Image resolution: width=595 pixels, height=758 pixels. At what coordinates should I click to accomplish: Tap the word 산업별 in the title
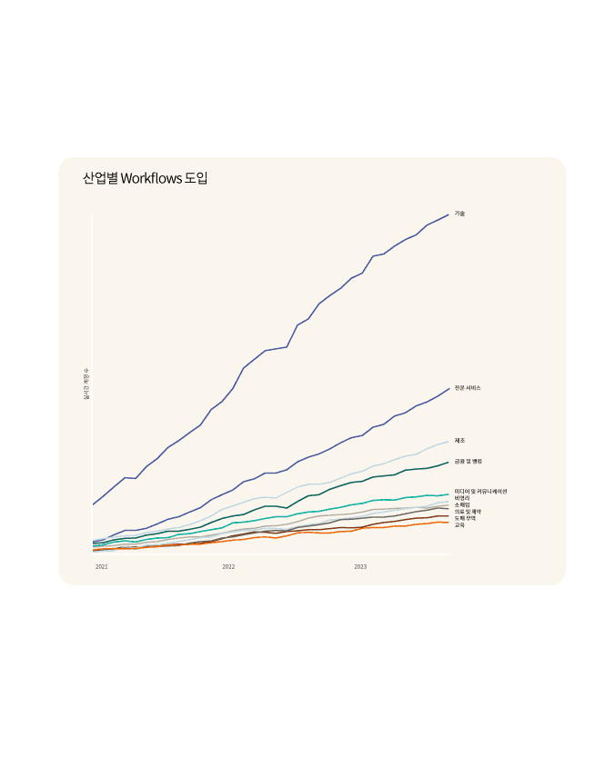coord(100,178)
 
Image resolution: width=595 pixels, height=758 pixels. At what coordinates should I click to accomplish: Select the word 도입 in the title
coord(197,178)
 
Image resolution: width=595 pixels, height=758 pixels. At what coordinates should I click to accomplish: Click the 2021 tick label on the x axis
coord(102,566)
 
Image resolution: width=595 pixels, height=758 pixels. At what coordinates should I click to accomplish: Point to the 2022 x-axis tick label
coord(228,566)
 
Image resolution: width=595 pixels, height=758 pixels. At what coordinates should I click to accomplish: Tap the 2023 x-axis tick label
coord(360,566)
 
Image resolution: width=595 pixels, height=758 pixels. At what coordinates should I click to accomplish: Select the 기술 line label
coord(459,214)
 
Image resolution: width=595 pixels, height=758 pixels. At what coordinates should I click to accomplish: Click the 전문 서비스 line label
coord(468,388)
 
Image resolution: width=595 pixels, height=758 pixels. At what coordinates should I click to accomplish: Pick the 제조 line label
coord(459,441)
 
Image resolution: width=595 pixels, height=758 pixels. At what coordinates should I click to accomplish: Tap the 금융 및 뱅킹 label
coord(469,462)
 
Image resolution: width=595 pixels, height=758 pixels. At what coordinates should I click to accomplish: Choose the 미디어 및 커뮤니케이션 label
coord(480,492)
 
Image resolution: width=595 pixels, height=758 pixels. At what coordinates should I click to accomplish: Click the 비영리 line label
coord(462,498)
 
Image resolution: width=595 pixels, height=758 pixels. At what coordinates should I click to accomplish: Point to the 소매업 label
coord(462,504)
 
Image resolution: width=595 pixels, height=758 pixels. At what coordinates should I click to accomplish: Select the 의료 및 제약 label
coord(468,512)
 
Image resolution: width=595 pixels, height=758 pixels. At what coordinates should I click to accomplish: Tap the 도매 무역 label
coord(465,518)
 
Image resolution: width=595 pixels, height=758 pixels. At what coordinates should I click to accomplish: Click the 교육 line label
coord(459,525)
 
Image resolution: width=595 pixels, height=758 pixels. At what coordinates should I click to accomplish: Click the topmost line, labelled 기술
coord(273,350)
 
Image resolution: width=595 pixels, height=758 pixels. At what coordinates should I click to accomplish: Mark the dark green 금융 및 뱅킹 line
coord(364,481)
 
